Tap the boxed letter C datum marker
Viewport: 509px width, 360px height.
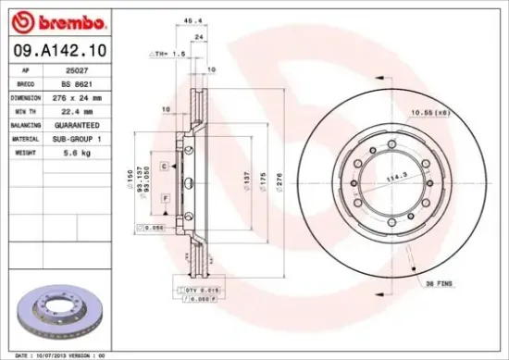pos(163,165)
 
